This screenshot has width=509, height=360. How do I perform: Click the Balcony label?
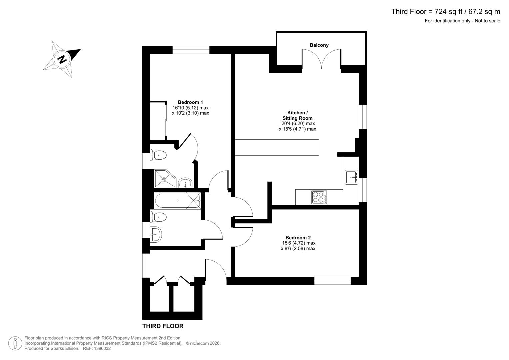[x=319, y=45]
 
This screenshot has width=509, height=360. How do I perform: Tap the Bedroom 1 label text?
[x=190, y=102]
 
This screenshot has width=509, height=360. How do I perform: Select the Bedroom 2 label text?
[x=298, y=238]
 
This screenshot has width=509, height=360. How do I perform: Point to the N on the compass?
[x=62, y=60]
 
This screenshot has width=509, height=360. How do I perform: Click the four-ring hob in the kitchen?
[x=319, y=197]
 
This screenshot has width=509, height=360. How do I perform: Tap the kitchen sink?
[x=351, y=177]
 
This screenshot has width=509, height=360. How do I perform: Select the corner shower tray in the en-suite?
[x=165, y=179]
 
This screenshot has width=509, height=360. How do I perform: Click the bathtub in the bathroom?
[x=177, y=201]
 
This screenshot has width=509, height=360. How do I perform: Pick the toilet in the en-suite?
[x=159, y=155]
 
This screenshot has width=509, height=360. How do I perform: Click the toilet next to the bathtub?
[x=159, y=217]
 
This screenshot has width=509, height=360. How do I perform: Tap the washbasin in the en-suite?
[x=185, y=183]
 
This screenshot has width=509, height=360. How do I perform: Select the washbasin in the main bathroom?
[x=156, y=234]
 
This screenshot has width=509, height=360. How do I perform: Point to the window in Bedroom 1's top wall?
[x=191, y=50]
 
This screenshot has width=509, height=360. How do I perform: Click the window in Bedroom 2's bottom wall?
[x=332, y=281]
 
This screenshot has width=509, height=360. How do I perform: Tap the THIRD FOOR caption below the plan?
[x=163, y=326]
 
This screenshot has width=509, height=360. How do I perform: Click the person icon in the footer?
[x=15, y=343]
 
